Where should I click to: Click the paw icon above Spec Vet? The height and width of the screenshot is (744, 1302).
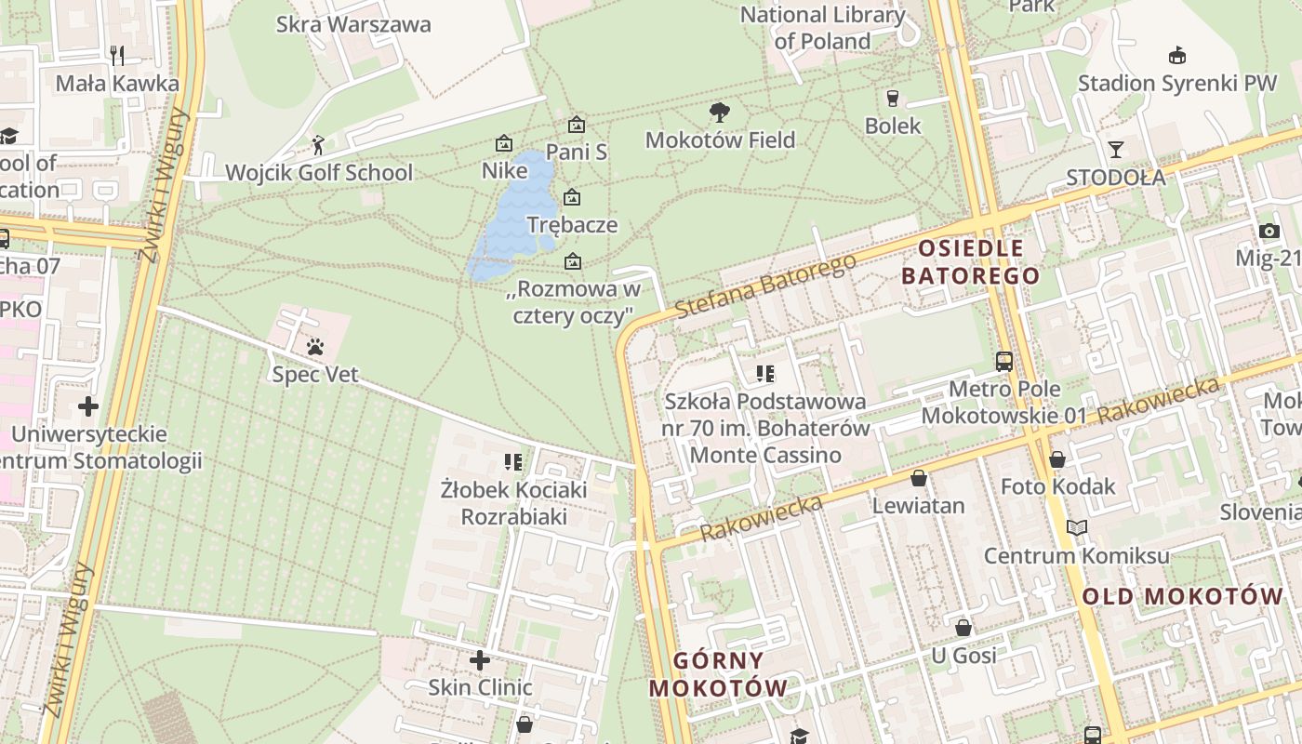click(x=315, y=348)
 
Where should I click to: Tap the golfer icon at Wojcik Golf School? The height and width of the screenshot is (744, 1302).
click(x=318, y=145)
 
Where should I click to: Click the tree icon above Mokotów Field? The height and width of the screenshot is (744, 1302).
click(x=719, y=113)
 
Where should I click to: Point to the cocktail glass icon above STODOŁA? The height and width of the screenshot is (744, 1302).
click(x=1115, y=149)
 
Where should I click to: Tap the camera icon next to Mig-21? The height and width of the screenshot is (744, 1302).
click(x=1269, y=231)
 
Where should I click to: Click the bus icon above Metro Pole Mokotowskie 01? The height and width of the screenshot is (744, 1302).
click(x=1003, y=361)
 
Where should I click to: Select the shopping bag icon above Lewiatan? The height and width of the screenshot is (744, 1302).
click(x=919, y=478)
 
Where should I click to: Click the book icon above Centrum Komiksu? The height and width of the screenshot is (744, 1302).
click(x=1076, y=528)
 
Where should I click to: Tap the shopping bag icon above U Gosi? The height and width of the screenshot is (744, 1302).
click(x=963, y=628)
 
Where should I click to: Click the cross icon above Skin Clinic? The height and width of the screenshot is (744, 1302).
click(x=480, y=660)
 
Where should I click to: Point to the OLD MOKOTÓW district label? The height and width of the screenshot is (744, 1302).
click(x=1182, y=596)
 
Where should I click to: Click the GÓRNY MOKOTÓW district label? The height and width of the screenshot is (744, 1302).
click(x=718, y=674)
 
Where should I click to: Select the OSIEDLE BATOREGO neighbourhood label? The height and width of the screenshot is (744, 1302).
click(x=970, y=262)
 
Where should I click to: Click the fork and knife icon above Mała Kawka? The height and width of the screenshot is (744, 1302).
click(x=117, y=56)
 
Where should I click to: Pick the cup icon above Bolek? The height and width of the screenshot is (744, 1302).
click(x=893, y=98)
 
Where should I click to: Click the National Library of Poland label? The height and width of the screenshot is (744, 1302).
click(x=822, y=28)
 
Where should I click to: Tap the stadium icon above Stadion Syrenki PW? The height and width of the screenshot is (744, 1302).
click(x=1176, y=55)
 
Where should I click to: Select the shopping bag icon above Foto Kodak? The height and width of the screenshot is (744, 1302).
click(x=1056, y=459)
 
